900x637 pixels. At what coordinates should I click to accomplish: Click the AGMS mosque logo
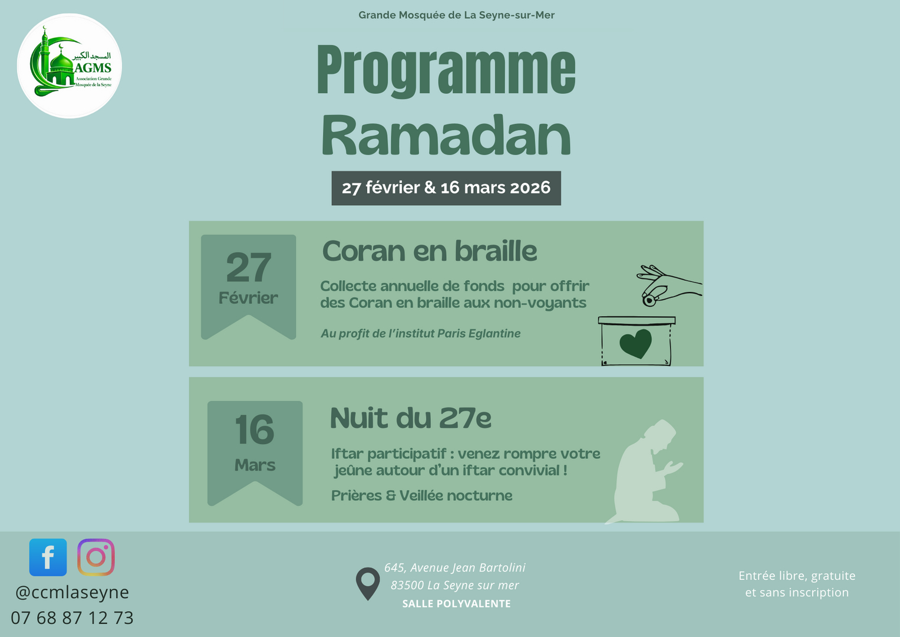(x=70, y=66)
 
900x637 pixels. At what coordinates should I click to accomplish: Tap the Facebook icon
(x=48, y=557)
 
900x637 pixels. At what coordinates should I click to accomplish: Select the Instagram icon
(x=96, y=557)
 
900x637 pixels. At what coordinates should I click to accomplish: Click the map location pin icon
(x=368, y=583)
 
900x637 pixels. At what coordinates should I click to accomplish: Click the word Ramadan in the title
(x=446, y=136)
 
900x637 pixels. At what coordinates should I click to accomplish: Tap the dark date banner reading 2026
(x=446, y=188)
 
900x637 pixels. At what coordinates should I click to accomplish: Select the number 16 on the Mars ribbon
(x=255, y=430)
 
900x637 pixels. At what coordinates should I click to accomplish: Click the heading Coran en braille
(x=429, y=252)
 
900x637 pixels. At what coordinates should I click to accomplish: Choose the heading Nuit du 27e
(x=410, y=419)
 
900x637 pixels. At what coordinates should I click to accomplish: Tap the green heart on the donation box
(x=635, y=343)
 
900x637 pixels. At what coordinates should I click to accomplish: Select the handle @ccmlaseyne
(x=72, y=592)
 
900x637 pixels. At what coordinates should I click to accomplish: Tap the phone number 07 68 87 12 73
(x=72, y=618)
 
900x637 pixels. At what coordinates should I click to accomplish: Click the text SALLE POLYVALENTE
(x=456, y=604)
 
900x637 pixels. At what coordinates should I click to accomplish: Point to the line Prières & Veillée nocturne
(x=421, y=495)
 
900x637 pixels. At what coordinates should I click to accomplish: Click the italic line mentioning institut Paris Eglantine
(x=420, y=334)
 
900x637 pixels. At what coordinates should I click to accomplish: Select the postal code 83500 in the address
(x=407, y=586)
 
